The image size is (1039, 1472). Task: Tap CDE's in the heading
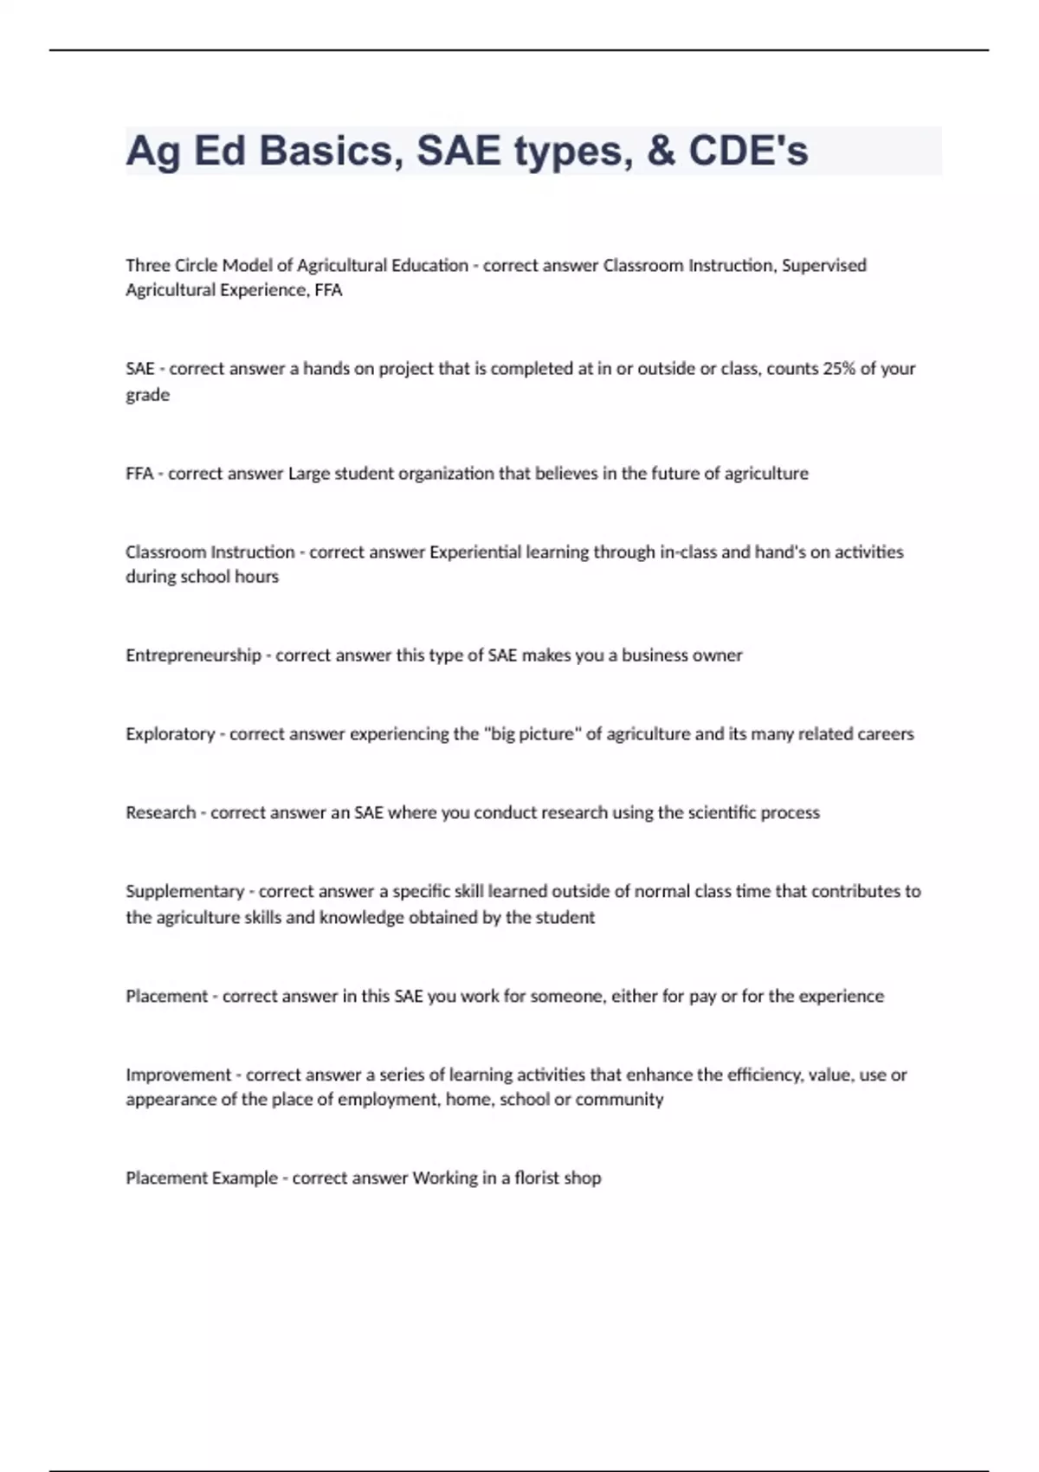[748, 151]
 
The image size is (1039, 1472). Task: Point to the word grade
[147, 395]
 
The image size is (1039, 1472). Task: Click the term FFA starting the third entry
[139, 474]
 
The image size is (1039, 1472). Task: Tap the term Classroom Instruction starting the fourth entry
[210, 552]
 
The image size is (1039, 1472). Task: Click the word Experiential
[475, 552]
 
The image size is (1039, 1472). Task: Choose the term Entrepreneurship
[193, 655]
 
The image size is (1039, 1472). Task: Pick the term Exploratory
[170, 733]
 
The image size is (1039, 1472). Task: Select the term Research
[160, 812]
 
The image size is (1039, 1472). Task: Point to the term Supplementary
[185, 891]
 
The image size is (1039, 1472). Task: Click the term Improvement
[178, 1075]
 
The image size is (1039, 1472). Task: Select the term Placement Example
[202, 1178]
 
